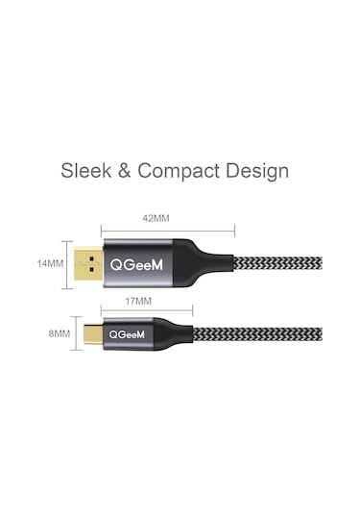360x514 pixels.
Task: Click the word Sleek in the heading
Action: point(86,172)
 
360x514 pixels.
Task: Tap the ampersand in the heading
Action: point(125,172)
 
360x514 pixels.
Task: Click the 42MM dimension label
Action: point(156,218)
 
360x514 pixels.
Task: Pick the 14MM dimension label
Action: point(51,261)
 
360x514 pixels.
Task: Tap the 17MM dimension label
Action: point(139,301)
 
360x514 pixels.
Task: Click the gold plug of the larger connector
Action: point(86,261)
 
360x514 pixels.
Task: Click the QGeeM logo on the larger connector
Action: point(138,261)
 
